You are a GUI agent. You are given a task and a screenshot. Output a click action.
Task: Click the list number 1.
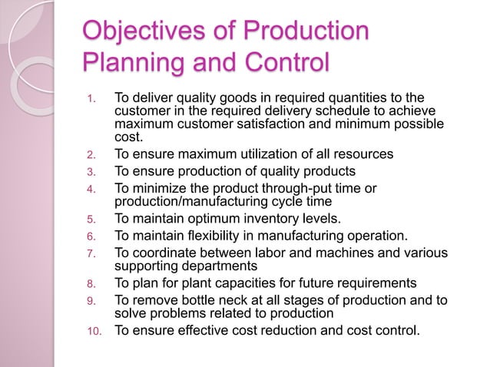pyautogui.click(x=91, y=98)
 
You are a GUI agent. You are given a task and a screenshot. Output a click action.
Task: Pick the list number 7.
pyautogui.click(x=91, y=254)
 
